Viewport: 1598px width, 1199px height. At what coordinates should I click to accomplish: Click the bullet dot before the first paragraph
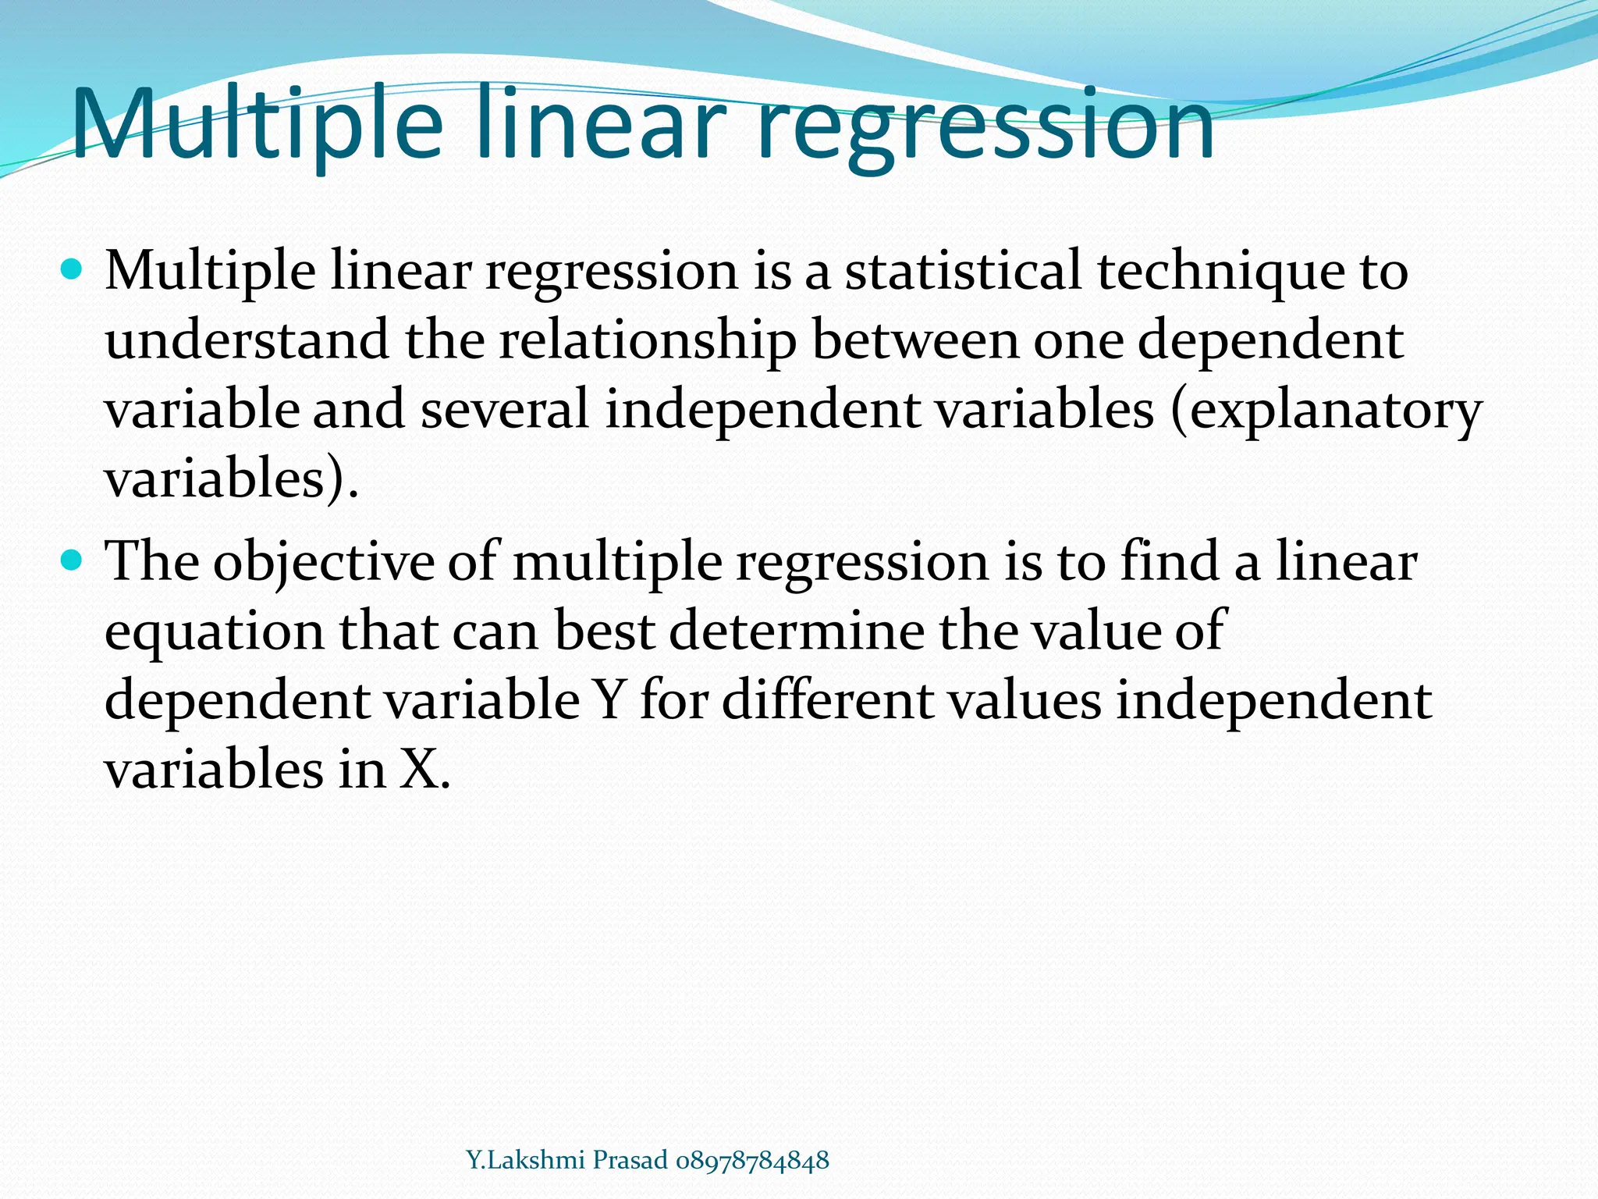70,271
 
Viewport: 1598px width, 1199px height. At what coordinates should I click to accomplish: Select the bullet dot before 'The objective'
70,560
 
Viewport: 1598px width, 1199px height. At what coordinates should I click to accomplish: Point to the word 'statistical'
964,271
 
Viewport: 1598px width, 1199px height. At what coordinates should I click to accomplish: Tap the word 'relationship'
648,342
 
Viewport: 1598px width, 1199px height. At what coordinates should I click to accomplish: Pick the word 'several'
505,410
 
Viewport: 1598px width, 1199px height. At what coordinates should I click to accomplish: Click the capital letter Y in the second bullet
609,700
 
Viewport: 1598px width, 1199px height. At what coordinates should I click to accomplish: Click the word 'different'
827,700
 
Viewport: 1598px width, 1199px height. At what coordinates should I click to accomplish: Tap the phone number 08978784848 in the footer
752,1160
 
